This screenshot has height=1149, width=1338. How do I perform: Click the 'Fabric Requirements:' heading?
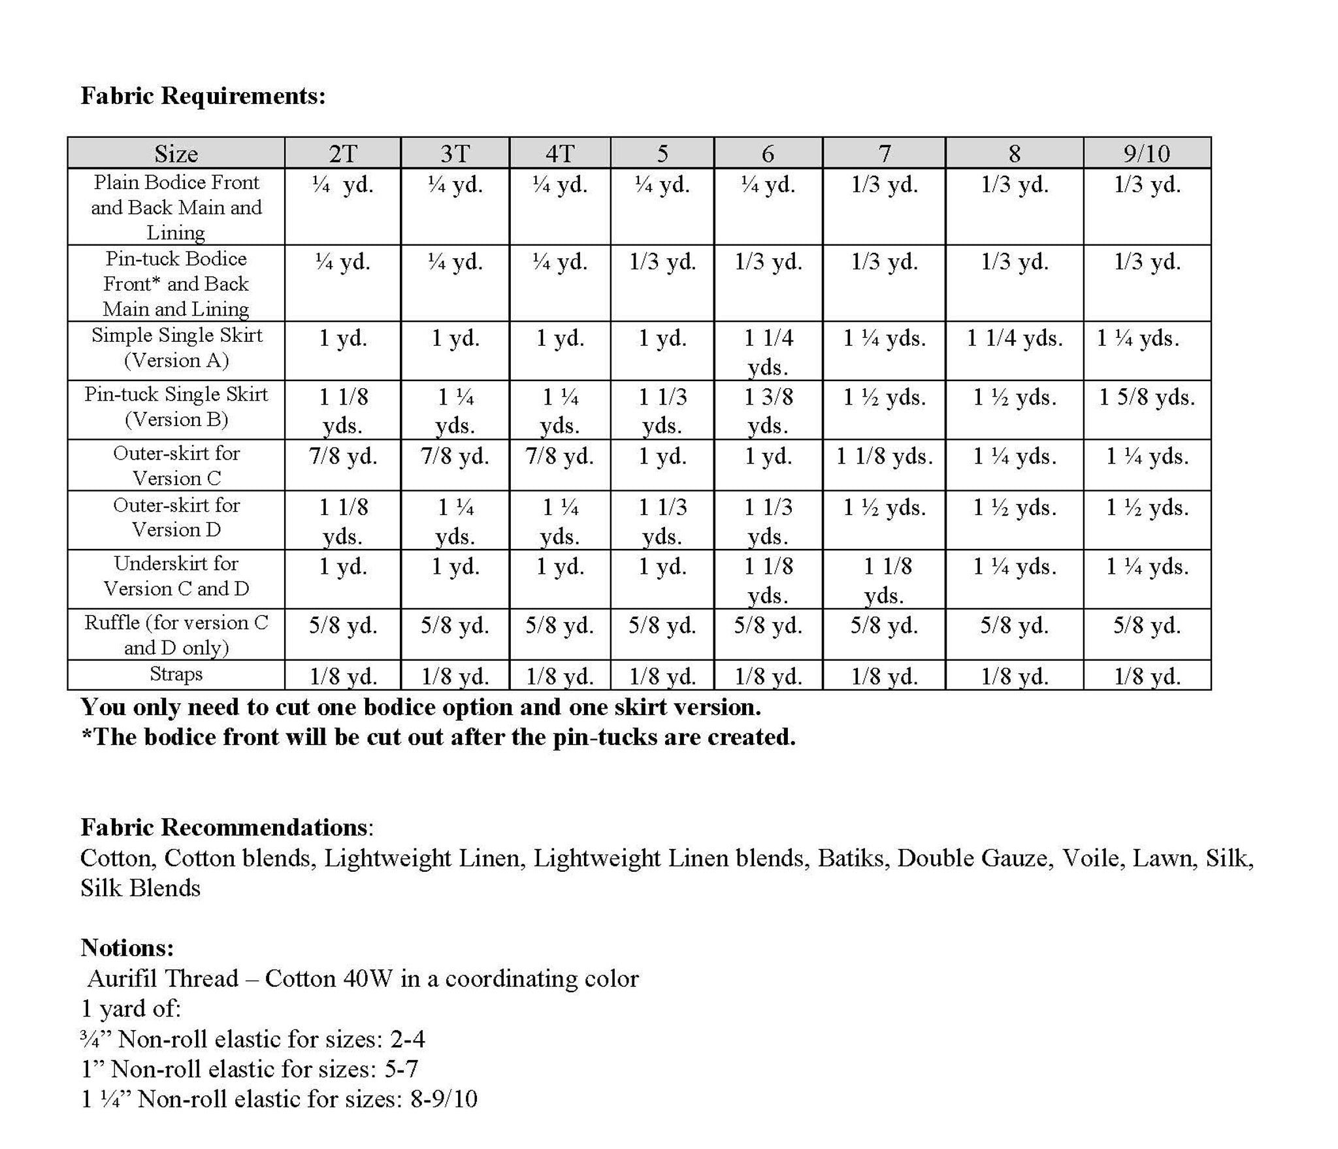tap(203, 96)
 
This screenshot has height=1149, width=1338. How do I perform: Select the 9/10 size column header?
tap(1147, 154)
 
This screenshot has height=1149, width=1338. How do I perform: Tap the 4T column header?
tap(560, 154)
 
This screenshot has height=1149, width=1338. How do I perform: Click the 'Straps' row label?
tap(176, 674)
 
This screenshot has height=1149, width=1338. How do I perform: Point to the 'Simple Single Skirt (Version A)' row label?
tap(176, 348)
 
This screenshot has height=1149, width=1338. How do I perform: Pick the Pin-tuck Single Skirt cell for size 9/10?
tap(1147, 397)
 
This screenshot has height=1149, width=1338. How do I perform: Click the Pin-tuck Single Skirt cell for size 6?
tap(768, 410)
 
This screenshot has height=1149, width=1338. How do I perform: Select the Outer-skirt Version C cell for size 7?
tap(884, 456)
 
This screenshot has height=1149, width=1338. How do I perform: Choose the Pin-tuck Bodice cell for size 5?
tap(662, 262)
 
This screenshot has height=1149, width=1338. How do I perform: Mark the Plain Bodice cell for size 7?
tap(884, 185)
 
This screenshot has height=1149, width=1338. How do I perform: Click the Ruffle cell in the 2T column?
tap(343, 625)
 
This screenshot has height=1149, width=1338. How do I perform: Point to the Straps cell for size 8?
tap(1014, 676)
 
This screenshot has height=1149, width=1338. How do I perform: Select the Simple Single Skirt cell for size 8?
tap(1014, 338)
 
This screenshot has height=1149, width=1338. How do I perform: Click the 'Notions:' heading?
tap(127, 947)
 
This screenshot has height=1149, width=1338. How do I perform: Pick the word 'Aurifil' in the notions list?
tap(124, 978)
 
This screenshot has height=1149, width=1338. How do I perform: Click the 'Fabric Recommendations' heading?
tap(224, 827)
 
